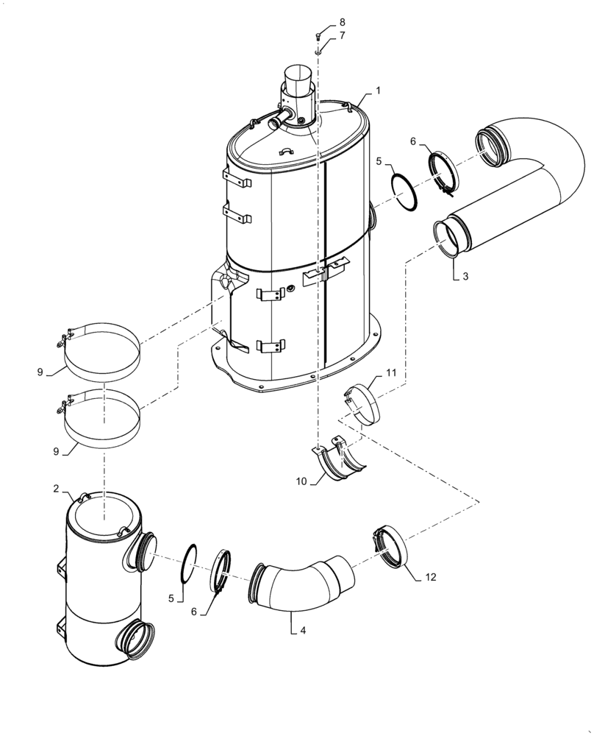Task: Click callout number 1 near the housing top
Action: [378, 90]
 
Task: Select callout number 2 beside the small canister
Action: [57, 489]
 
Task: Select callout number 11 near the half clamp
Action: [391, 373]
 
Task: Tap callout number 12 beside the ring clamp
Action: [430, 577]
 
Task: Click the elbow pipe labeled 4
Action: [301, 581]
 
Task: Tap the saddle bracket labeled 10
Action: [340, 460]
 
